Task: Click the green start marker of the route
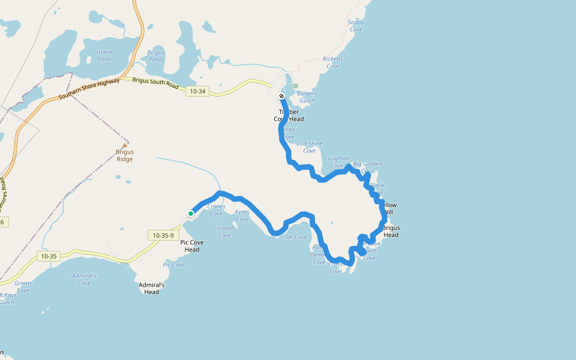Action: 191,213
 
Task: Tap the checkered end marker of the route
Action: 281,96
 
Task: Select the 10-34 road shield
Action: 196,91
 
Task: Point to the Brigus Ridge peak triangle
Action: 125,146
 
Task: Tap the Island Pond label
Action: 104,55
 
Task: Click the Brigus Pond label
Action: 155,56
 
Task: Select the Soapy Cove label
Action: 356,26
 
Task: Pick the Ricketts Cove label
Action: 333,62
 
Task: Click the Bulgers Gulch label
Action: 307,97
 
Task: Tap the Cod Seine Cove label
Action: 310,147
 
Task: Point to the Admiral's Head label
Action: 152,288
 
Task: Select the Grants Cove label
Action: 23,287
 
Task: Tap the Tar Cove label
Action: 296,237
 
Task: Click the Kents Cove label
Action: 242,215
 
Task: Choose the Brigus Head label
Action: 391,231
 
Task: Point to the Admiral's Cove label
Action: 85,278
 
